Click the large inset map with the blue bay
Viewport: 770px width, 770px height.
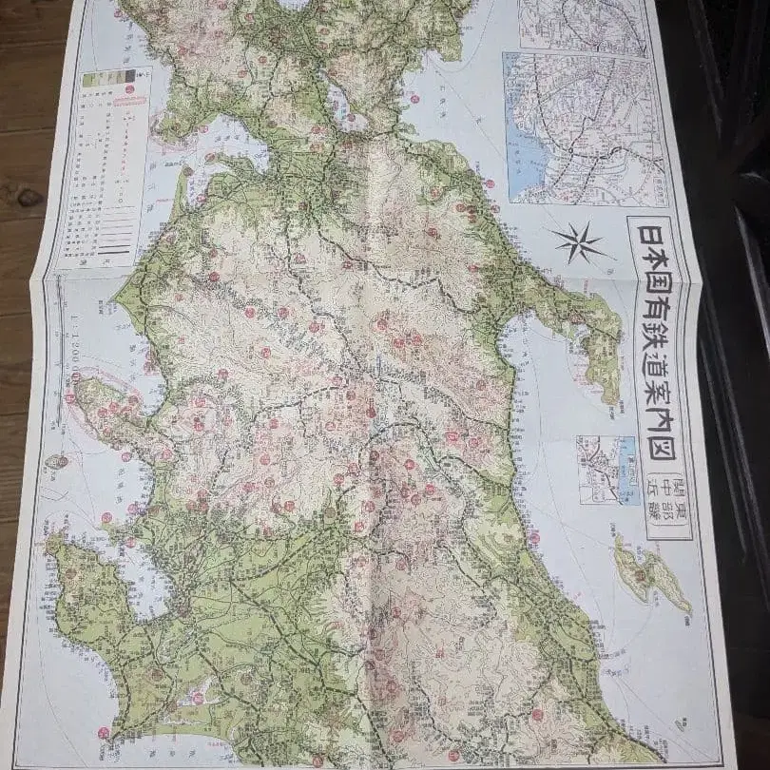click(x=582, y=127)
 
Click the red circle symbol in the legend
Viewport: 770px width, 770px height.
click(x=130, y=89)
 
